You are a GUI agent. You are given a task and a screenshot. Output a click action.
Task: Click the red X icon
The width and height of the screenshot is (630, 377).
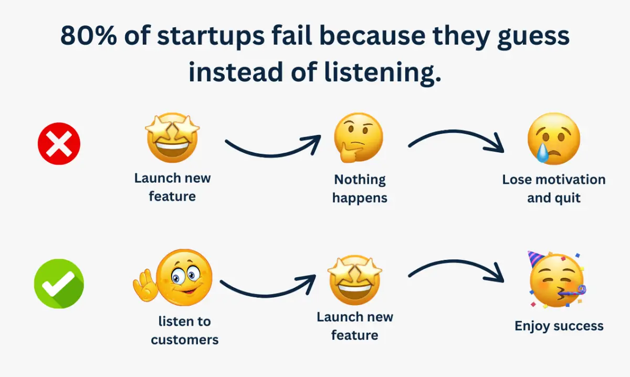(x=59, y=143)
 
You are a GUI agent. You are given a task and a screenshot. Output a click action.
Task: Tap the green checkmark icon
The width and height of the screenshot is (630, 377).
(x=59, y=284)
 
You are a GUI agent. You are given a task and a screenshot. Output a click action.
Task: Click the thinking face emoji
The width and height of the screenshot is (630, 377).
(x=358, y=138)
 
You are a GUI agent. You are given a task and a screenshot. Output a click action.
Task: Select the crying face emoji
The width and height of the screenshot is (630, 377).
(x=553, y=139)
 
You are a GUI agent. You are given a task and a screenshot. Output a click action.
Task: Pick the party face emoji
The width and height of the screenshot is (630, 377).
(x=556, y=280)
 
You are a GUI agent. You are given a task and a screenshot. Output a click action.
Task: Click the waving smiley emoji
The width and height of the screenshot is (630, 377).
(x=173, y=278)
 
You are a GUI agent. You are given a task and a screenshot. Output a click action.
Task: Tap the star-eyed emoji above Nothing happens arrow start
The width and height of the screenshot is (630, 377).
(x=172, y=138)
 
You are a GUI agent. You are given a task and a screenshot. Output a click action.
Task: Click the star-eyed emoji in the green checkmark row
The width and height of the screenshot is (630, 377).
(x=355, y=280)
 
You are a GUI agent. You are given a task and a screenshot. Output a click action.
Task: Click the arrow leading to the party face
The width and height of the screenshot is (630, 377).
(x=456, y=261)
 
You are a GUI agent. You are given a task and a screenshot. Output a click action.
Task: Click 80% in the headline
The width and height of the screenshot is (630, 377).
(x=88, y=36)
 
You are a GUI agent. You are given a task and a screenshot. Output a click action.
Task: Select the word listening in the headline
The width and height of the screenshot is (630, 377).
(x=383, y=72)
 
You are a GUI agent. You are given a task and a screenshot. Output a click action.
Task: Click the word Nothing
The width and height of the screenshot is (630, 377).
(x=360, y=180)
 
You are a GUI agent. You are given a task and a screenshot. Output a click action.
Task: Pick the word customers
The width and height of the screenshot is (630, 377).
(x=184, y=340)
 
